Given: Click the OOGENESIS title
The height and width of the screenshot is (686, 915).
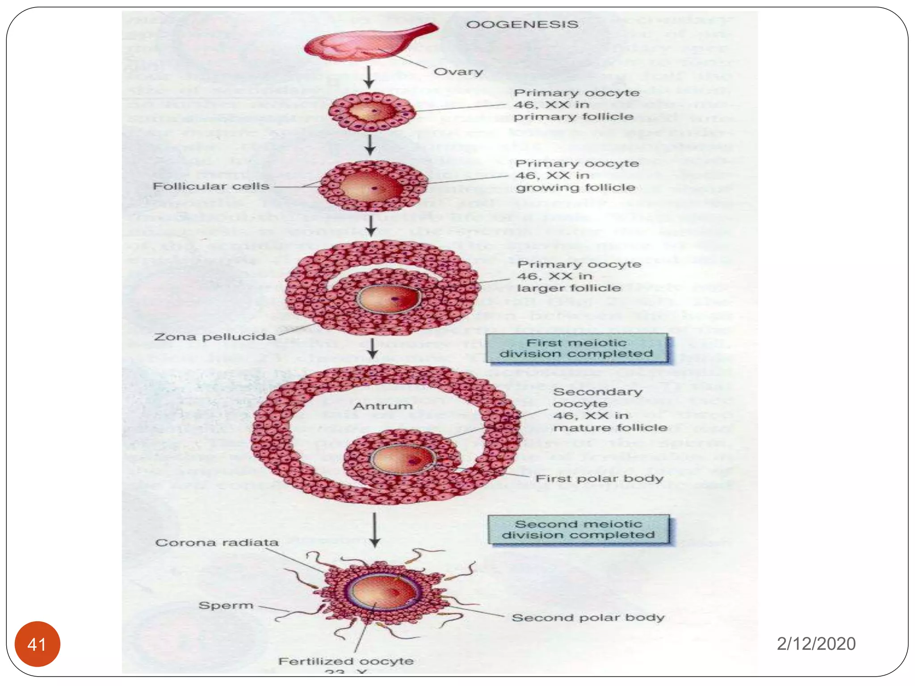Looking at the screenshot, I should coord(522,24).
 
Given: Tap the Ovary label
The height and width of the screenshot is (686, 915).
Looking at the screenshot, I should coord(458,72).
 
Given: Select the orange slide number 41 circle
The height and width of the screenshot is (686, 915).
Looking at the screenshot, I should coord(37,644).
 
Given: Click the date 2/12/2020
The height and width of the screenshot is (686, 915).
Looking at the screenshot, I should coord(816,644).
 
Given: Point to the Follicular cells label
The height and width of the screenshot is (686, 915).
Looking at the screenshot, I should coord(211,186).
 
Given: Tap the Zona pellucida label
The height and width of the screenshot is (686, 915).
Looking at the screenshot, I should coord(214,337).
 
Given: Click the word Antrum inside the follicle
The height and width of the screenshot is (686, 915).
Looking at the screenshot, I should coord(383,406).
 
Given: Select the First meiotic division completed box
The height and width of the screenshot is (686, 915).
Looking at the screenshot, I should coord(576,348).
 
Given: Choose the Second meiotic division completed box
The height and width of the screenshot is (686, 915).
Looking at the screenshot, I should coord(578,530).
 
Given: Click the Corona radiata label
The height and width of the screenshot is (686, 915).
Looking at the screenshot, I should coord(217,543).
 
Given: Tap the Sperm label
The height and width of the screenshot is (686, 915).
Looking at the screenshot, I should coord(226,606).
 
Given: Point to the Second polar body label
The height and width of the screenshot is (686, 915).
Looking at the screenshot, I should coord(588,618).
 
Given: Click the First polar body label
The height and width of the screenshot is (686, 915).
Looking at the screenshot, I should coord(599,479).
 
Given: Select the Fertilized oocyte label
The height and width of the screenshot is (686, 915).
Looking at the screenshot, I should coord(346,661).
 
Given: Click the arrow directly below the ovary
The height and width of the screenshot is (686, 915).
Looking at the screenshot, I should coord(369,77).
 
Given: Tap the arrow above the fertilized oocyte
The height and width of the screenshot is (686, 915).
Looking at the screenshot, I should coord(375,530).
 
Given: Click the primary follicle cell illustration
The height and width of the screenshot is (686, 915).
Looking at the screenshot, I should coord(372,112).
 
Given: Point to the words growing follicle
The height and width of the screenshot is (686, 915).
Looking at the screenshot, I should coord(575,188).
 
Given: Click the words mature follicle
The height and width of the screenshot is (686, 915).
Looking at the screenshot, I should coord(610,428).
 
